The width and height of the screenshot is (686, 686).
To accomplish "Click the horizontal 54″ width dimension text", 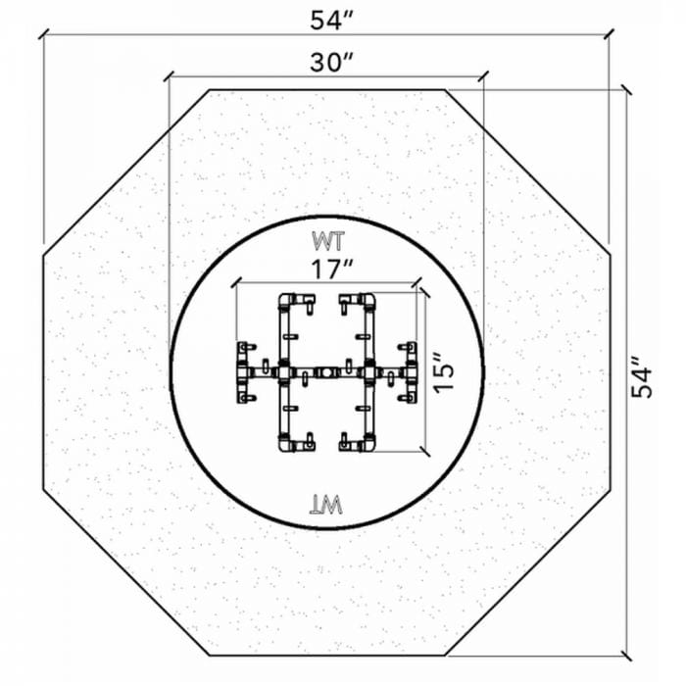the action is click(x=331, y=21).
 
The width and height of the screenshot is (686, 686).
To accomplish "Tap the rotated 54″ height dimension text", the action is click(x=642, y=377).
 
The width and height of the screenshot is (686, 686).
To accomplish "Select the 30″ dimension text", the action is click(x=331, y=62).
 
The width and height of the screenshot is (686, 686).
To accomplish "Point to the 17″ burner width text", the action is click(x=331, y=269).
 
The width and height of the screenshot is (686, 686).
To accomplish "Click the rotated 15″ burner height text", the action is click(x=443, y=371).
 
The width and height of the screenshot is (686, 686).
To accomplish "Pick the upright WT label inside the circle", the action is click(x=328, y=241).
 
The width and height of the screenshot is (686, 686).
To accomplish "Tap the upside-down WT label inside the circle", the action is click(x=326, y=506).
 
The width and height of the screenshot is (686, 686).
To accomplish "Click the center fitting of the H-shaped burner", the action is click(x=326, y=373).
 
